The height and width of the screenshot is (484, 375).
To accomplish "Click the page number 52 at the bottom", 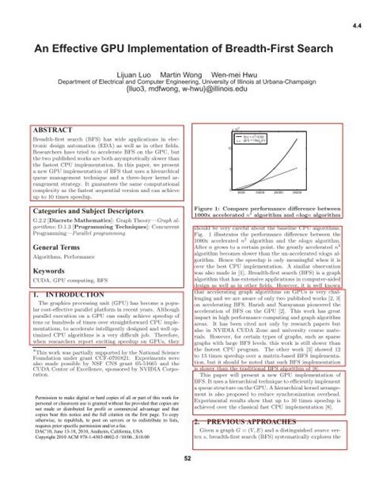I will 187,458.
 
